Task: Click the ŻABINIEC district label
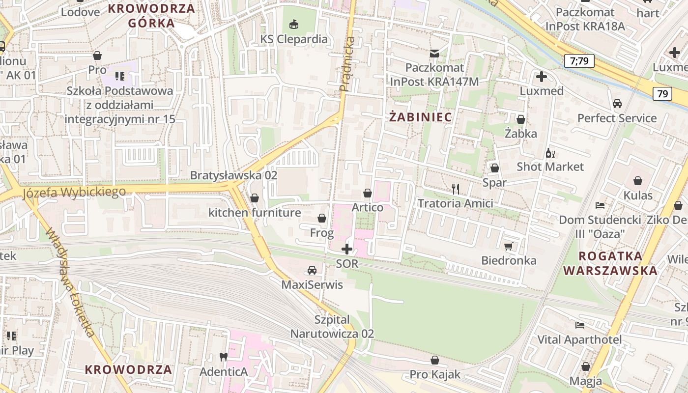pos(421,117)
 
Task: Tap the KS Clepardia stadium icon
pos(294,24)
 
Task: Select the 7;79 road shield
pos(579,61)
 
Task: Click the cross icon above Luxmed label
pos(542,77)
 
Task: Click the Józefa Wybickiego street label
pos(74,192)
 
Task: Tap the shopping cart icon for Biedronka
pos(509,246)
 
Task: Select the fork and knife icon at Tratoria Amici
pos(456,189)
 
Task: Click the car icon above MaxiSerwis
pos(312,270)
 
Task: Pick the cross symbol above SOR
pos(347,249)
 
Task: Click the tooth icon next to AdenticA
pos(223,357)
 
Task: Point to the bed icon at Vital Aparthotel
pos(580,325)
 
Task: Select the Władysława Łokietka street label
pos(71,283)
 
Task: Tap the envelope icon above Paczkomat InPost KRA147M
pos(434,53)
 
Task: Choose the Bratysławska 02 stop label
pos(233,175)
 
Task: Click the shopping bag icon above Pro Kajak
pos(434,360)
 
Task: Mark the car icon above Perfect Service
pos(617,104)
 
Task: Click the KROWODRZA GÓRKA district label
pos(151,15)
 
